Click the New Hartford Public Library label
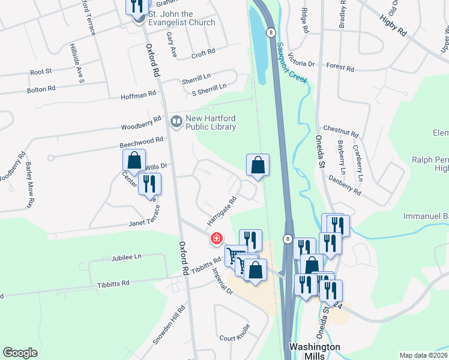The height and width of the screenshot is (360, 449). tap(210, 122)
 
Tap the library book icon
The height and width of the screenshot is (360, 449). tap(176, 122)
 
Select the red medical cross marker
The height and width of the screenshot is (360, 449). tap(216, 239)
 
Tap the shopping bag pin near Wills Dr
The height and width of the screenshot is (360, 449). tap(134, 161)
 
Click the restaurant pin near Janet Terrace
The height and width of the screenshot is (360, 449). tap(149, 185)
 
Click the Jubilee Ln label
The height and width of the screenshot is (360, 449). tap(125, 257)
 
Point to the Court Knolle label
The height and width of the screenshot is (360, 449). tap(234, 338)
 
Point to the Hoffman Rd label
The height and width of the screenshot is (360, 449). tap(138, 95)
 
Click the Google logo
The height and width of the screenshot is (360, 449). tap(20, 353)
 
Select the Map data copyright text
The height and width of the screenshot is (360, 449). tap(423, 355)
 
